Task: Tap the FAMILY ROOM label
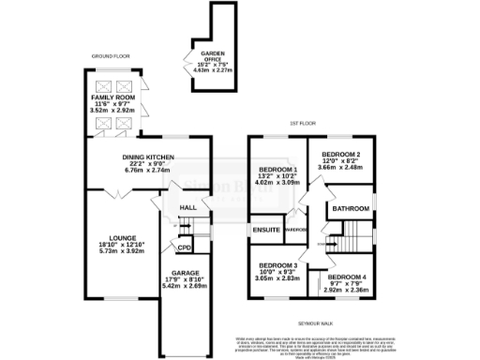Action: [112, 97]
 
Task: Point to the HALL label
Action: [187, 207]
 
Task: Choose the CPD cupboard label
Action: [185, 247]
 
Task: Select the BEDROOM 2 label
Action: [340, 154]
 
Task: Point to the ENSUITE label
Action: [263, 229]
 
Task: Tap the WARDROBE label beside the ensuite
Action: [294, 229]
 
